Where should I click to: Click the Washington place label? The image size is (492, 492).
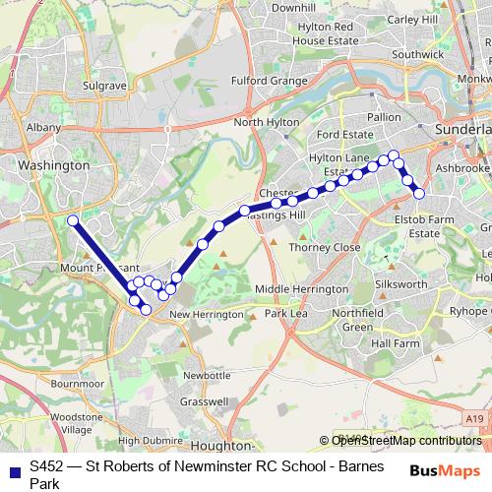(60, 166)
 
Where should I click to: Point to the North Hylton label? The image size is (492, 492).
(265, 122)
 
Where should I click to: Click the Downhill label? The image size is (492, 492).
(293, 8)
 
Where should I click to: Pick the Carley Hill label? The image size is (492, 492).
(414, 19)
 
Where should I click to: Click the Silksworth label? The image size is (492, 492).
(400, 283)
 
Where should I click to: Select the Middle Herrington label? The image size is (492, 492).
(301, 289)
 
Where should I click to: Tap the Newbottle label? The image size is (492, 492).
(207, 375)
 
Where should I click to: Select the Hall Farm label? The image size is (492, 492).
(397, 343)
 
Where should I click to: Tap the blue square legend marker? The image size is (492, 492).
(14, 471)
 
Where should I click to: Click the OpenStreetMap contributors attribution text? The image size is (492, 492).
(406, 441)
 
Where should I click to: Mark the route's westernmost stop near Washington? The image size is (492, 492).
(72, 220)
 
